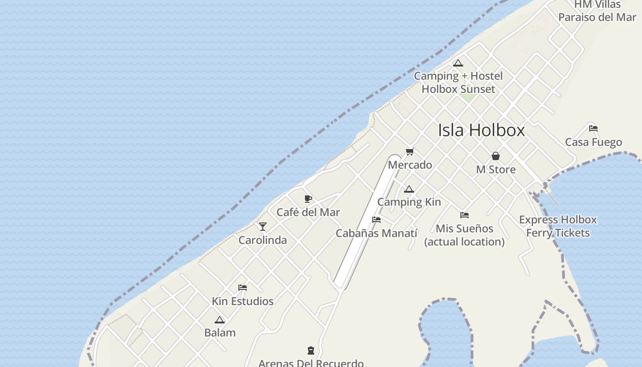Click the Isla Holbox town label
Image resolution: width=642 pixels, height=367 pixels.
click(481, 130)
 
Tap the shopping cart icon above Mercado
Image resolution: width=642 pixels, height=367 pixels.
click(410, 151)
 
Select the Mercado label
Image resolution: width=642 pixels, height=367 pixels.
click(410, 165)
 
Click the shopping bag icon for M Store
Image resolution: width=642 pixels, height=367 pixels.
click(495, 156)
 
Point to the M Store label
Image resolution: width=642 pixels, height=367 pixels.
click(496, 169)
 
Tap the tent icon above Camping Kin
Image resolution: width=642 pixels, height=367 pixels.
click(409, 189)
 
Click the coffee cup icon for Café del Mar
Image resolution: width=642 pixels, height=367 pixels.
click(308, 199)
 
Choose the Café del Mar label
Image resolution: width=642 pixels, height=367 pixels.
click(308, 212)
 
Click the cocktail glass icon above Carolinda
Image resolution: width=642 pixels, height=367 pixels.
click(263, 227)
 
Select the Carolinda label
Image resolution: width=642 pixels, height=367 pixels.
click(263, 240)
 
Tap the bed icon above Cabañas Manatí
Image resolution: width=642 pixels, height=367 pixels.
click(376, 220)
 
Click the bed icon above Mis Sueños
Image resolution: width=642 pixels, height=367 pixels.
click(465, 215)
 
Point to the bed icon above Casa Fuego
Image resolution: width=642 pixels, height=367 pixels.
click(593, 128)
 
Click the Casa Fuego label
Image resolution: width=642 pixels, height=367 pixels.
click(593, 142)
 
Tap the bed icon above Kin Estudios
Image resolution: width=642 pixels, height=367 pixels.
click(243, 288)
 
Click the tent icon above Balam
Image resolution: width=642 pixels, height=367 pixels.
click(220, 320)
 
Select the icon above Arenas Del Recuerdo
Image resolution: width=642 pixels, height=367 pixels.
click(311, 350)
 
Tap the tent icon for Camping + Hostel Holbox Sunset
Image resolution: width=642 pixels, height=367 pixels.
click(458, 63)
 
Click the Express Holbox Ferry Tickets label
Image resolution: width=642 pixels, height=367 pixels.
click(558, 226)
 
